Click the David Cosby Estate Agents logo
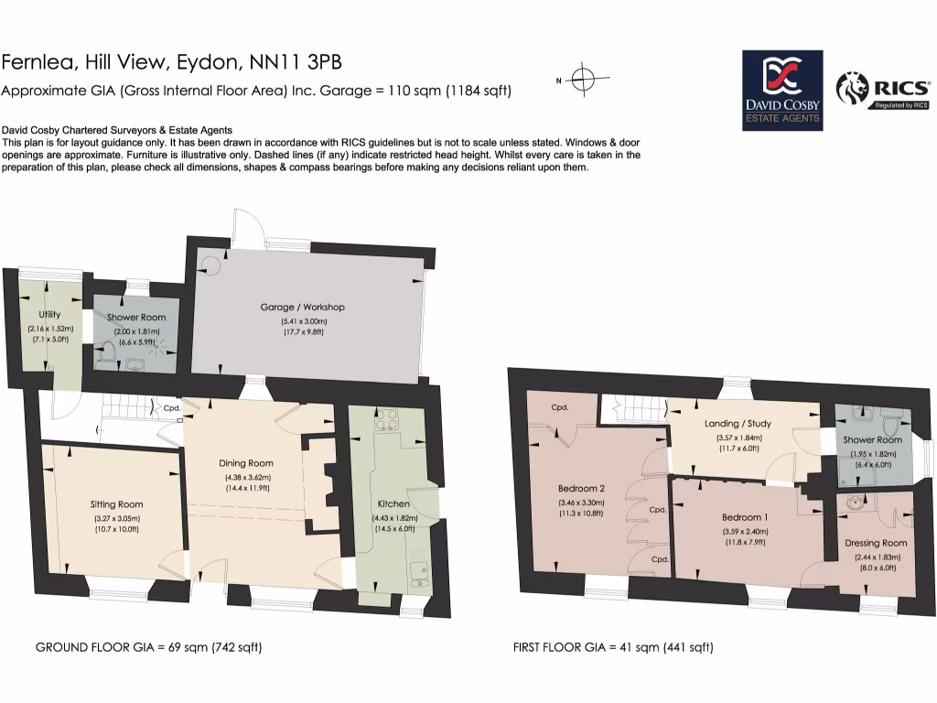(x=781, y=92)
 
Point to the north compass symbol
(x=584, y=79)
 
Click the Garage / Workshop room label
(x=302, y=308)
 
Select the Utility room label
(x=49, y=315)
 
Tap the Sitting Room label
(x=116, y=504)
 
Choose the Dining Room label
(x=246, y=463)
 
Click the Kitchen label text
(x=393, y=504)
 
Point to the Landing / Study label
(x=738, y=424)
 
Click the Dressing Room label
(x=876, y=543)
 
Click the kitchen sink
(x=420, y=573)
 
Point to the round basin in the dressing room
(x=856, y=502)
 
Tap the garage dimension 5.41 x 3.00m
(x=302, y=321)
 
